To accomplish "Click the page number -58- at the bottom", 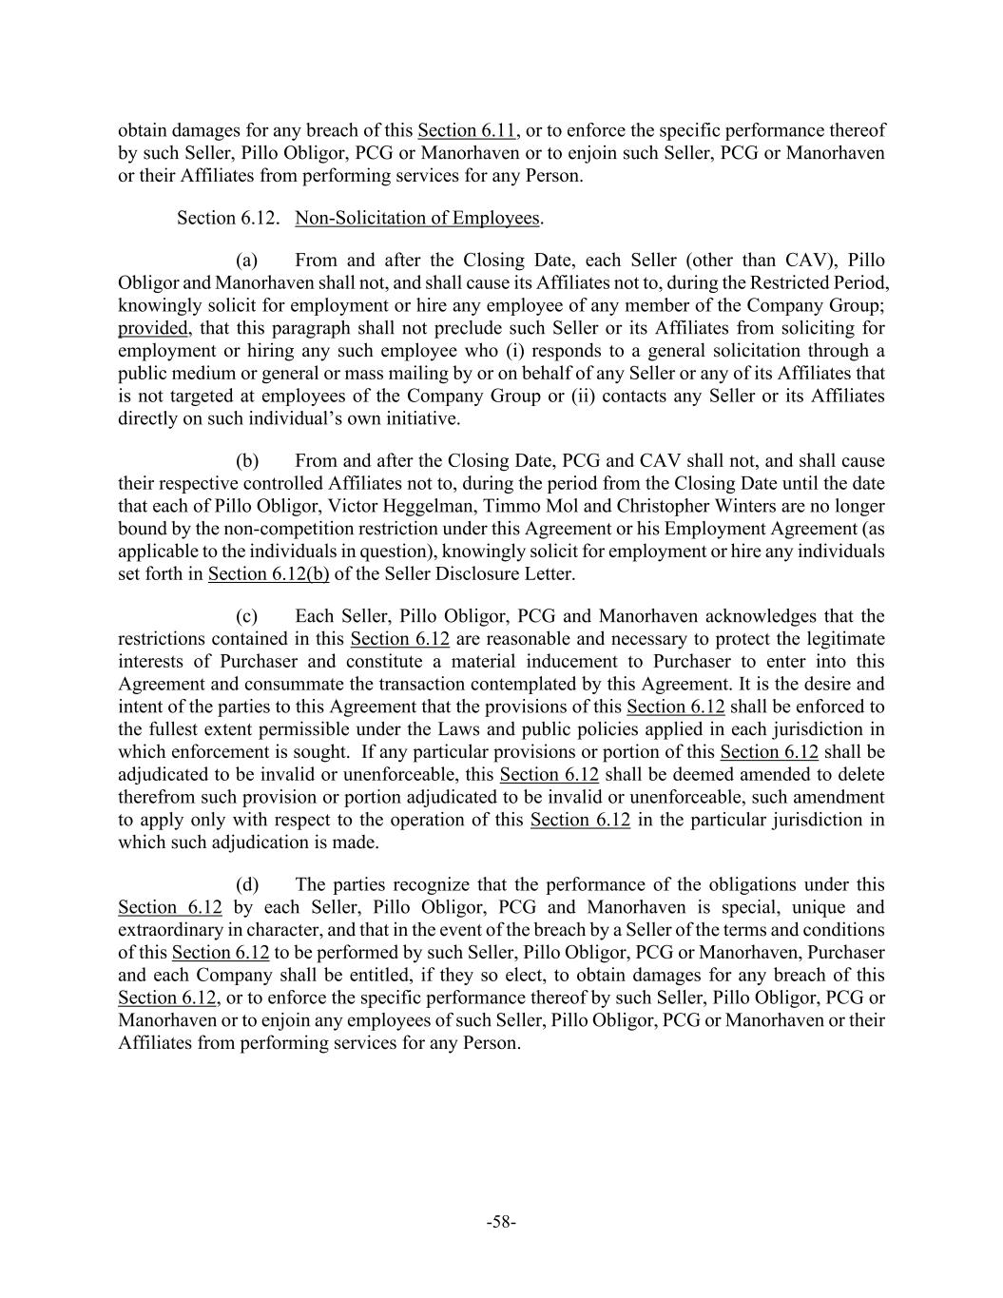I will [501, 1223].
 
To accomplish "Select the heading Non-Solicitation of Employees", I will [417, 219].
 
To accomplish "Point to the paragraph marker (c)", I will [247, 617].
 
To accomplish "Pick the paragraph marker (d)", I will [247, 885].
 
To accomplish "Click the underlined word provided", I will [153, 329].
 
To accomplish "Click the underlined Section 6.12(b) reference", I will [268, 574].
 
